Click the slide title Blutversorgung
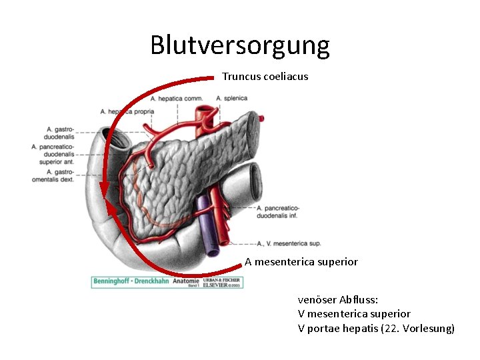click(x=240, y=45)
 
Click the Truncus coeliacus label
click(x=265, y=77)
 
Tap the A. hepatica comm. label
click(x=177, y=99)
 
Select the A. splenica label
click(x=232, y=99)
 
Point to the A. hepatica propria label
click(x=127, y=111)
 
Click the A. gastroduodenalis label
click(x=60, y=133)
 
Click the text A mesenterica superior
click(x=301, y=262)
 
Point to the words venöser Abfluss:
click(x=338, y=300)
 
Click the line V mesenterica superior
click(x=354, y=313)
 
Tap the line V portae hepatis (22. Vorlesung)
click(x=376, y=327)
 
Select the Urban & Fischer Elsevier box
click(x=223, y=282)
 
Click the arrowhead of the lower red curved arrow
click(x=112, y=212)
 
